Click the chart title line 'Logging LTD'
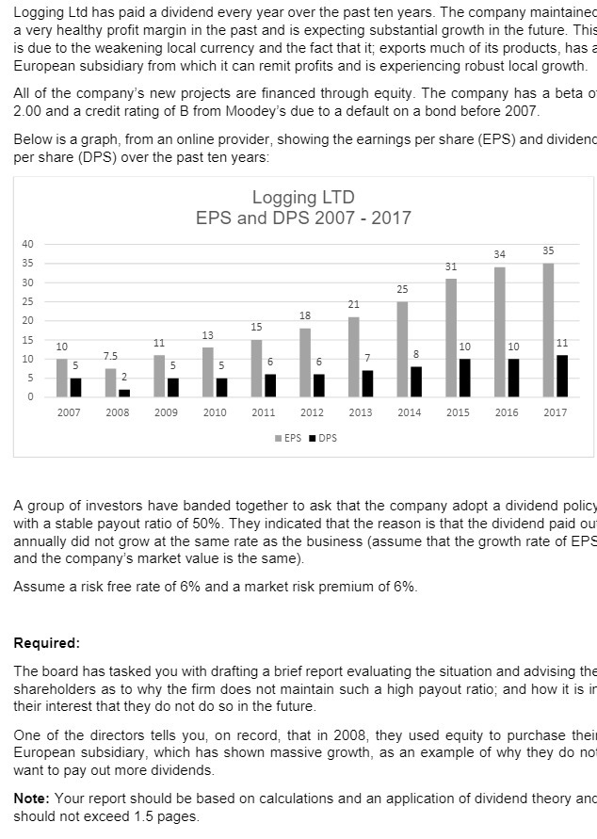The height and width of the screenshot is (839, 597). (303, 198)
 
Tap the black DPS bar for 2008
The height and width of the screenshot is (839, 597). (124, 393)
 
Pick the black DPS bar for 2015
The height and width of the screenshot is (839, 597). (464, 378)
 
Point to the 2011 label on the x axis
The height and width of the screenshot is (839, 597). (263, 412)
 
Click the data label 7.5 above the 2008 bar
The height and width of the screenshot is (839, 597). (110, 355)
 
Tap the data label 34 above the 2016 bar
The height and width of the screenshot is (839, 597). (499, 254)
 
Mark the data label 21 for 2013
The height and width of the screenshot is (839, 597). (353, 304)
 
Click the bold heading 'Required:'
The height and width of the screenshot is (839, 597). (47, 643)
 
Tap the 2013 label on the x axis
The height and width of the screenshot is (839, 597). (360, 412)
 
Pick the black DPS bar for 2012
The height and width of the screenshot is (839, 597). (318, 385)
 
